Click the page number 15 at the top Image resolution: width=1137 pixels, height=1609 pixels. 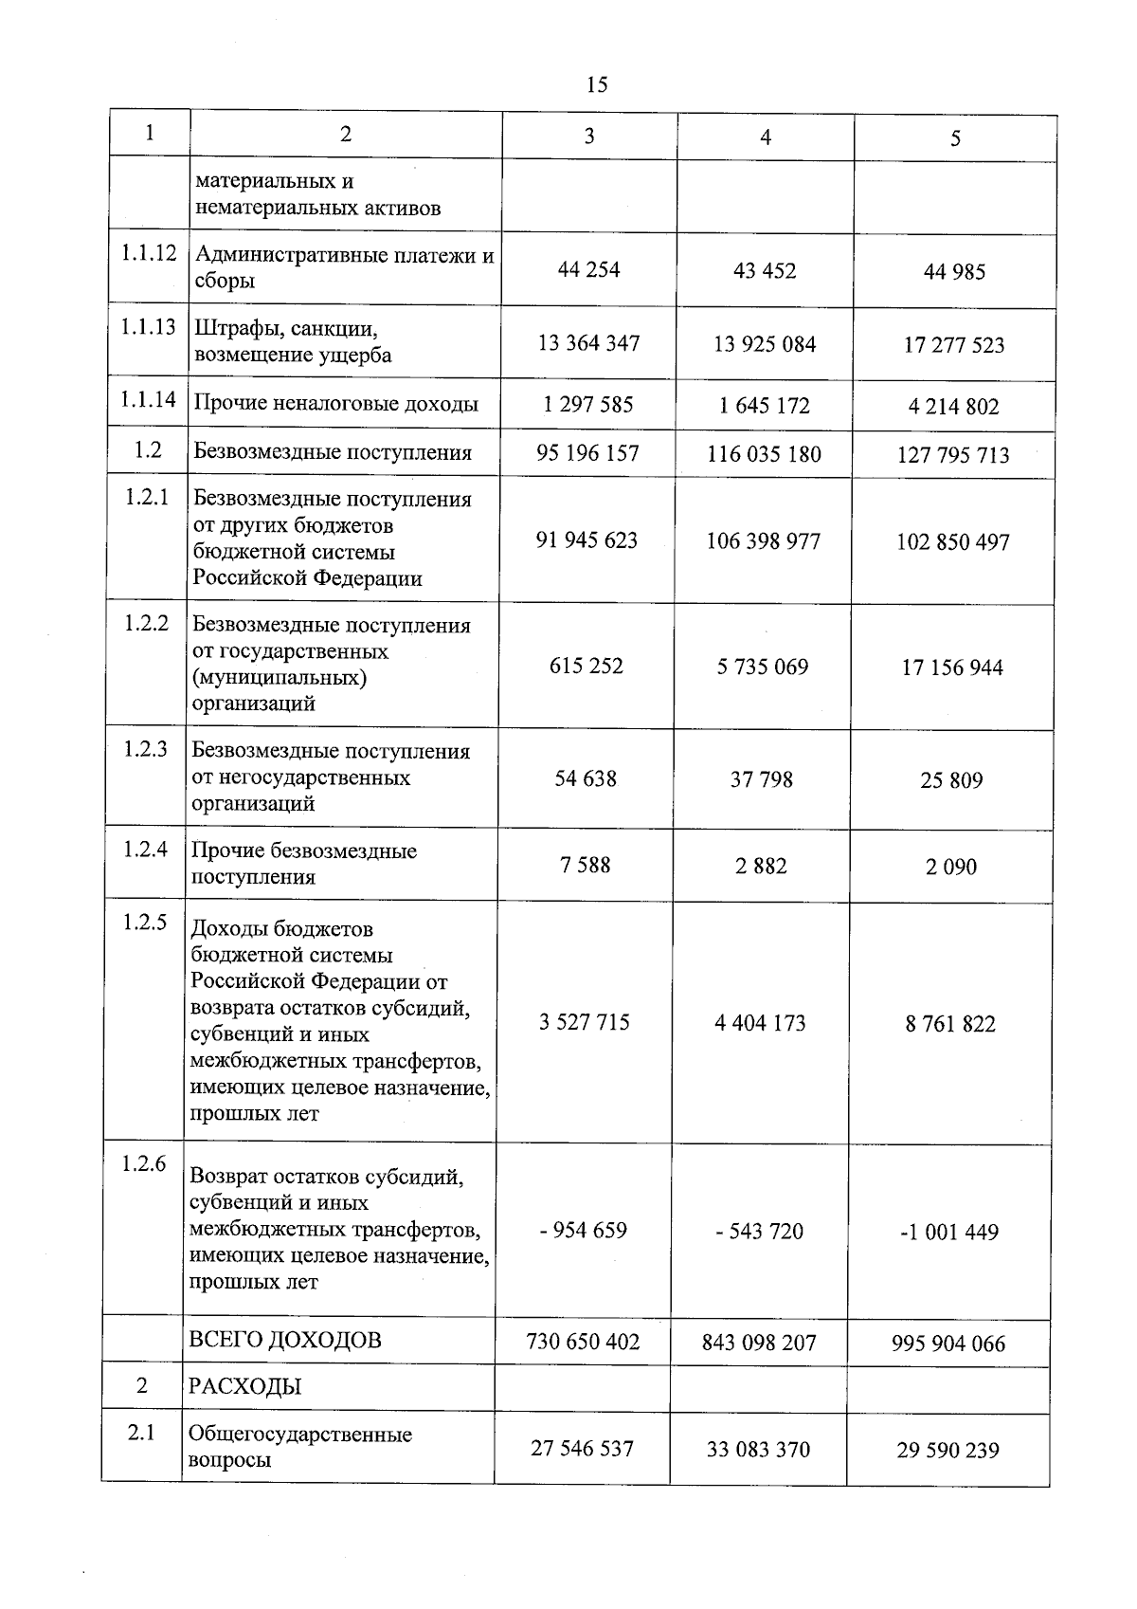coord(597,84)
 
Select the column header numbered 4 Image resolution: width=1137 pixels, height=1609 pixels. coord(766,137)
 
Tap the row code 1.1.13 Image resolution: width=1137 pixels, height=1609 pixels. coord(148,327)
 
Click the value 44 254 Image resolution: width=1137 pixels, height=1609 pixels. coord(588,269)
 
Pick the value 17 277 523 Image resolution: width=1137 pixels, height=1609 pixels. coord(954,345)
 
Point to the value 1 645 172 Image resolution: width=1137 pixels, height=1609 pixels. coord(764,406)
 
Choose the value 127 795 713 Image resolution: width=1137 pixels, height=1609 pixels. coord(953,455)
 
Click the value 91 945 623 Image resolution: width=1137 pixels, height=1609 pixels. coord(587,540)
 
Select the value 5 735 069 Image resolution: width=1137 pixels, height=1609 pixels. coord(763,667)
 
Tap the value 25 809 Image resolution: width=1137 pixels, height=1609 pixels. coord(951,780)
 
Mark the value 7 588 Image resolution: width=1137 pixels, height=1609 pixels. coord(586,865)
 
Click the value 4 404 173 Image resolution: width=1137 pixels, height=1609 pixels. coord(761,1023)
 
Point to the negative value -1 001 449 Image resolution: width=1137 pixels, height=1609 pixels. coord(949,1232)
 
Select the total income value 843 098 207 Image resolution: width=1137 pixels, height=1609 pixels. coord(759,1343)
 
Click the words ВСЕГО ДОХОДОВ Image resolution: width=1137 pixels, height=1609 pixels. coord(285,1340)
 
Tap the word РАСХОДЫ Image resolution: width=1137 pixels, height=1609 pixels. coord(244,1387)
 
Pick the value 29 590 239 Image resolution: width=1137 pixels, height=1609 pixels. coord(947,1451)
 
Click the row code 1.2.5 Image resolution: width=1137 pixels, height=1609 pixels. coord(144,923)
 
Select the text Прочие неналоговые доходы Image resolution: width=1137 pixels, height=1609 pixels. coord(335,404)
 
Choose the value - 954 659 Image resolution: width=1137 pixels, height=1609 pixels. coord(584,1231)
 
